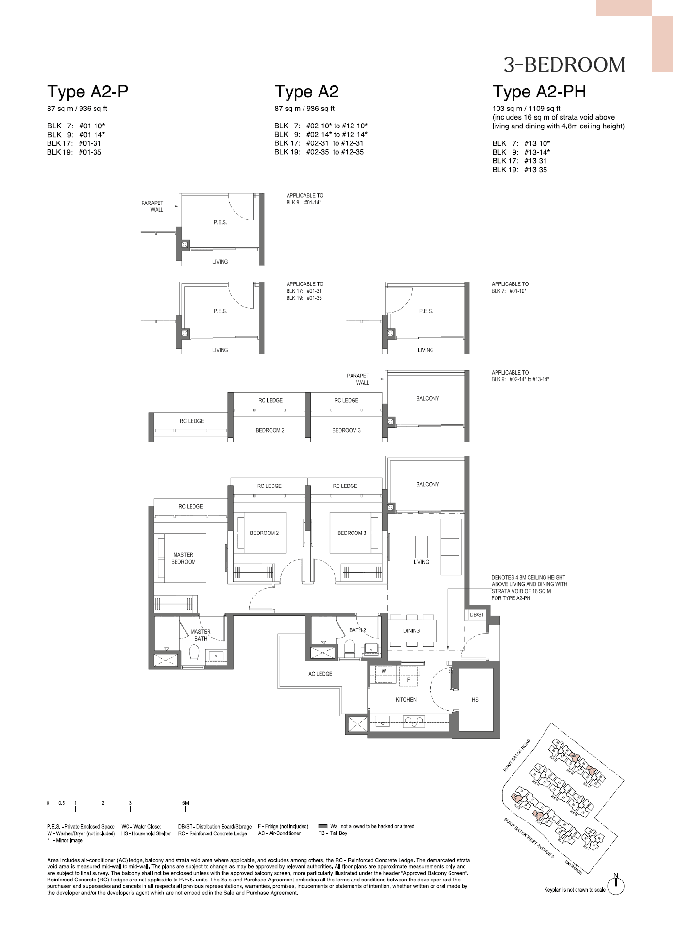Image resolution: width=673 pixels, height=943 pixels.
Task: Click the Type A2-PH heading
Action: (x=539, y=92)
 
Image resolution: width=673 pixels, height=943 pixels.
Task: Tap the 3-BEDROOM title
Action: (x=564, y=65)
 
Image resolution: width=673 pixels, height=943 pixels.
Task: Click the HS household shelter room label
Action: (x=475, y=700)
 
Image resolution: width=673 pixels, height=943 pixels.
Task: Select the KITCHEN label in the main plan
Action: (x=406, y=700)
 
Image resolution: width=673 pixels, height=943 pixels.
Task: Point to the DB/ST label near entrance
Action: (x=477, y=615)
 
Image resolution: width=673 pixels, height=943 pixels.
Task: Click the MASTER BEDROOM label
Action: (x=183, y=558)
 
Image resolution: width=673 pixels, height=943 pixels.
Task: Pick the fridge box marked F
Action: (x=408, y=680)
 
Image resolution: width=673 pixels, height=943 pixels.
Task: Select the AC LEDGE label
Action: (x=320, y=674)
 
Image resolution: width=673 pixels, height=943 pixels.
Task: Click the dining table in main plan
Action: (x=412, y=631)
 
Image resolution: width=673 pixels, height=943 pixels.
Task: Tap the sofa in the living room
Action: (x=450, y=547)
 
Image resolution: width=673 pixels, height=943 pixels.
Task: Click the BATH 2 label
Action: (x=357, y=630)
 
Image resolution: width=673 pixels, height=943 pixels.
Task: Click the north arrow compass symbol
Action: (x=616, y=886)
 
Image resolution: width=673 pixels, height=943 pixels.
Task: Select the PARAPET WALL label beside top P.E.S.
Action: (x=153, y=206)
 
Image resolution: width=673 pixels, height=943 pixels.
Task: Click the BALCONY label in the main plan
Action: (x=427, y=484)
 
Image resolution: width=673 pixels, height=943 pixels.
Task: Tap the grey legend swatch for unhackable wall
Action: (x=322, y=826)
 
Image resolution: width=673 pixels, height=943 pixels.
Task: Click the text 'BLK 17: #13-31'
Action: (x=519, y=161)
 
